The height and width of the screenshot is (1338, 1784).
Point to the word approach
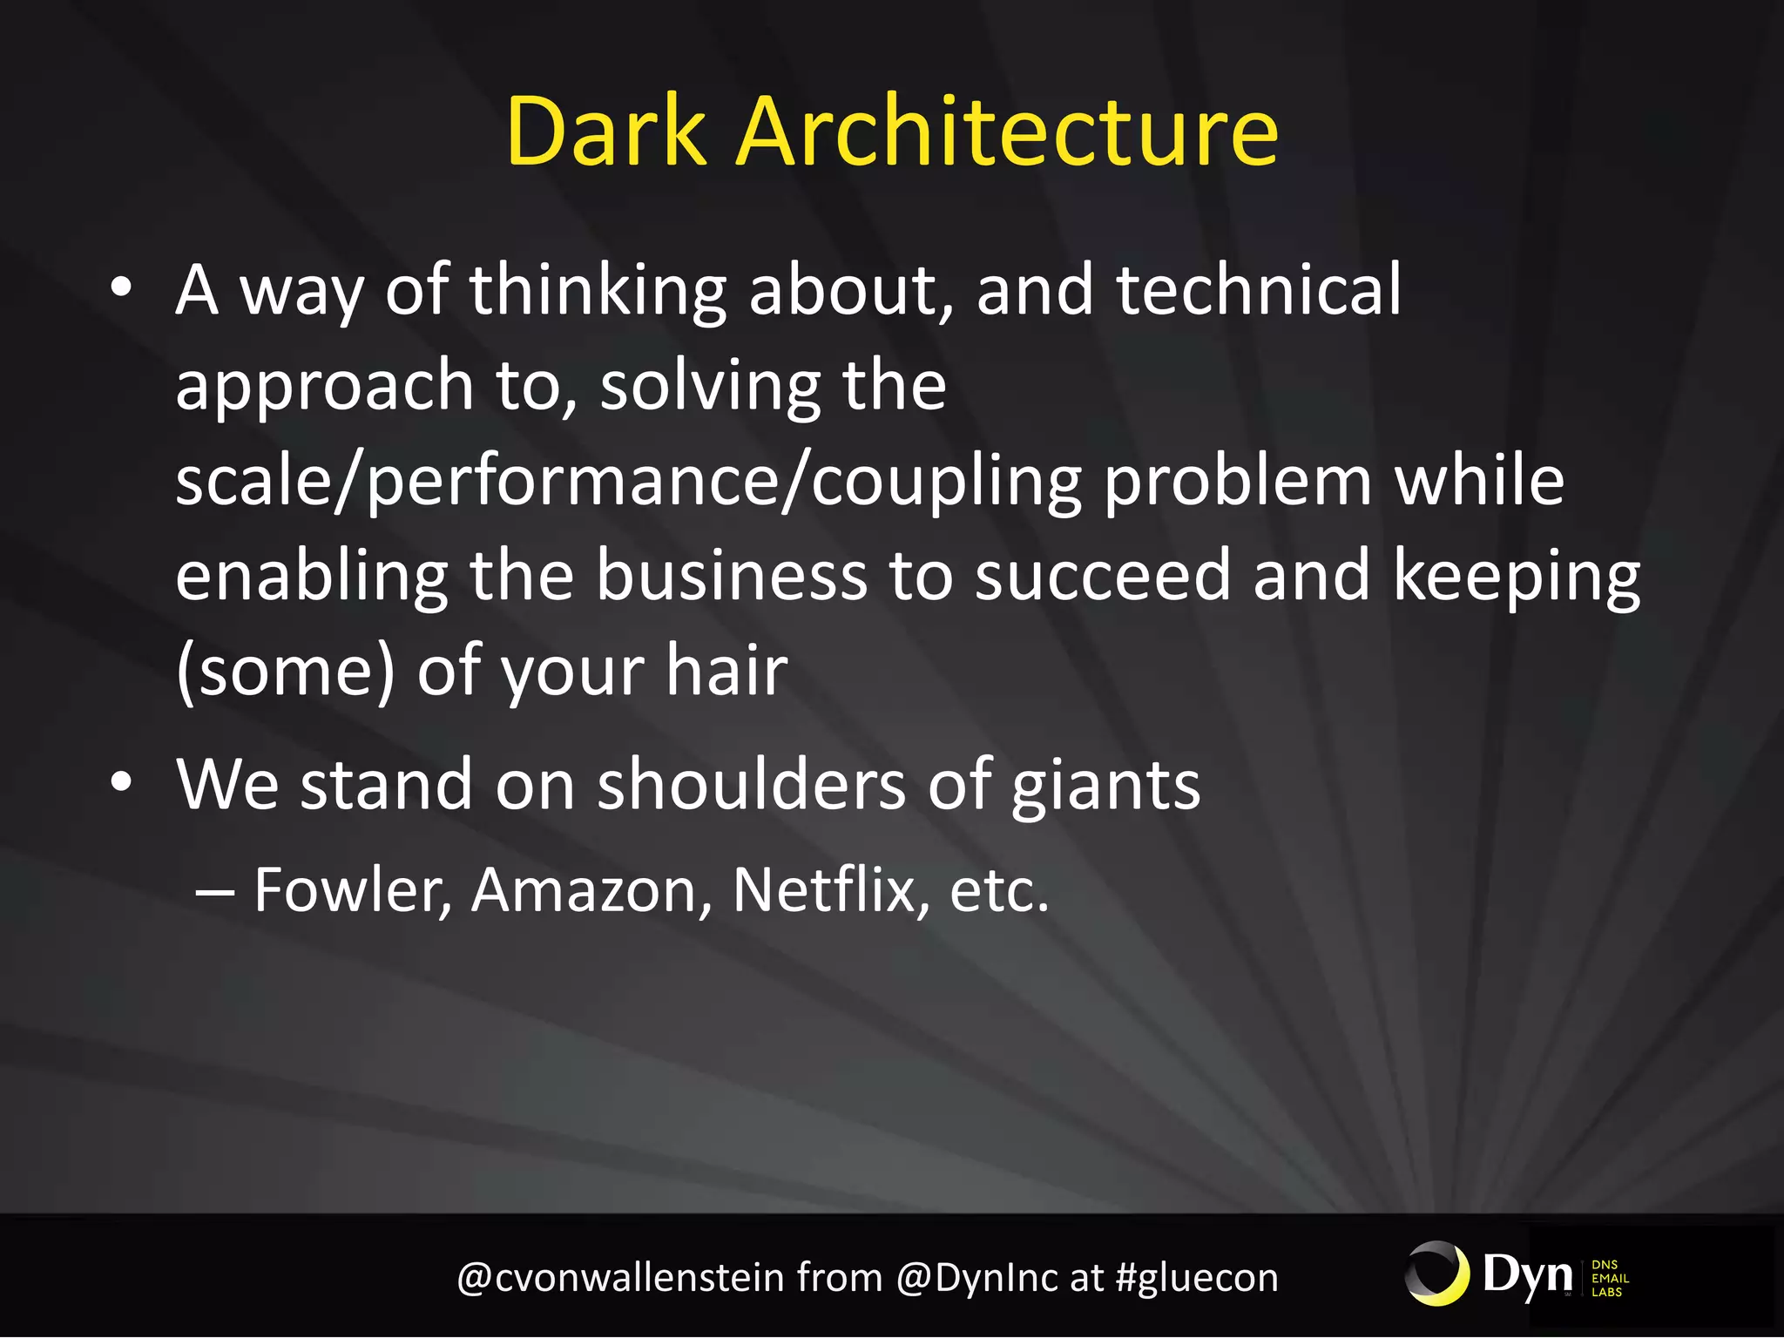324,388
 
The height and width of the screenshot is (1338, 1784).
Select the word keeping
1517,578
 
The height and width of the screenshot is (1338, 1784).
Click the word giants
1105,787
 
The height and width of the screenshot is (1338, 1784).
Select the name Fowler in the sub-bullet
352,890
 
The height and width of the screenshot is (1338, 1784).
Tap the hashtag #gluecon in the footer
1197,1278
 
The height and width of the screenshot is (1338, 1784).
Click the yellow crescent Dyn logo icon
1437,1274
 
